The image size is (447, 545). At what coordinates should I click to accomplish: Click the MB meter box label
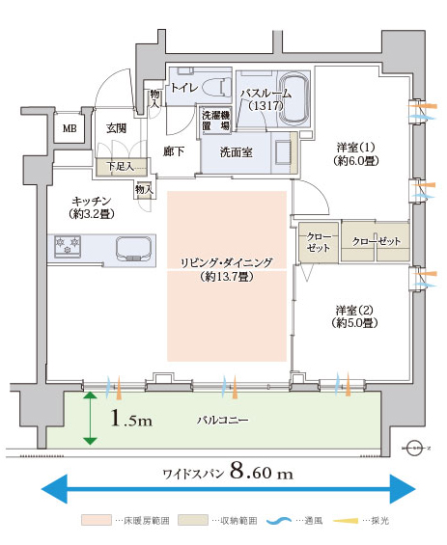point(70,128)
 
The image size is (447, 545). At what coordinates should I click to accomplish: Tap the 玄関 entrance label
point(116,128)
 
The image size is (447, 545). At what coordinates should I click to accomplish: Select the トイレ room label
point(184,87)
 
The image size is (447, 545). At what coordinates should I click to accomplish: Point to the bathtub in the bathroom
point(294,98)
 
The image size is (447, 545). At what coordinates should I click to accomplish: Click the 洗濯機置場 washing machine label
point(216,121)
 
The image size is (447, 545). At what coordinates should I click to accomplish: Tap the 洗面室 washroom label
point(237,152)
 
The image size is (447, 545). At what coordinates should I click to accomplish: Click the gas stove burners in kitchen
point(68,246)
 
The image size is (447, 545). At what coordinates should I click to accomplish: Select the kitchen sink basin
point(133,248)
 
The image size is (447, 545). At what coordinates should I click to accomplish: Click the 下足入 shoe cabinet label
point(120,166)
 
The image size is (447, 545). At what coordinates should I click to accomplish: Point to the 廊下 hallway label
point(174,151)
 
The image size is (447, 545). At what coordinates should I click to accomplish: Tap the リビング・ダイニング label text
point(227,262)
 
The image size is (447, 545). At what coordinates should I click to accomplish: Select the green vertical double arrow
point(91,418)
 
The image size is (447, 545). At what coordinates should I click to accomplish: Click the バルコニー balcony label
point(223,421)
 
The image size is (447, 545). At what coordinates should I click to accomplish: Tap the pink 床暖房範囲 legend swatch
point(97,520)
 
